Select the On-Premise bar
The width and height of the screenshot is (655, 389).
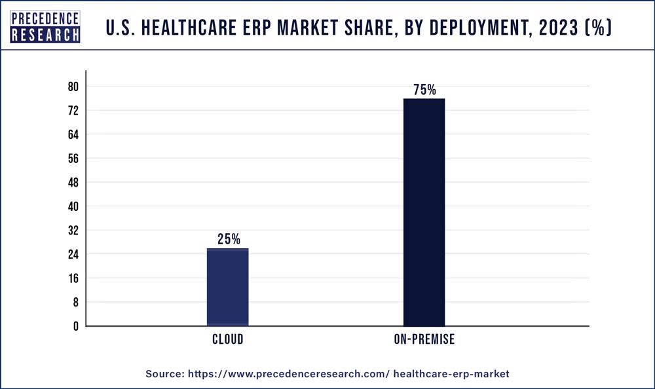(424, 212)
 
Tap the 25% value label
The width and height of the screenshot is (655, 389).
(229, 240)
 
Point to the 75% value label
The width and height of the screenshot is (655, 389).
(424, 90)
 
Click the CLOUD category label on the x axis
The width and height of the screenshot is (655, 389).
(227, 339)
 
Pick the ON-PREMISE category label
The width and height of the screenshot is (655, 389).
(424, 339)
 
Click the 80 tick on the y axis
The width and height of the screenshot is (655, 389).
(73, 87)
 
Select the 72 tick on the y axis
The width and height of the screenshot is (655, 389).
(73, 111)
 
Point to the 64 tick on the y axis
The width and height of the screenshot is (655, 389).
(73, 135)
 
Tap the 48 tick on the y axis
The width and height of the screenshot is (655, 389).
(73, 183)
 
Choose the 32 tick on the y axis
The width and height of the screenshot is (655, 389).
(73, 231)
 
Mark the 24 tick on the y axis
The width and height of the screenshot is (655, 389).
(73, 254)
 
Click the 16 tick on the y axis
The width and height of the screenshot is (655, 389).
(73, 278)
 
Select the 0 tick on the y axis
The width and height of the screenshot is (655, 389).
(75, 326)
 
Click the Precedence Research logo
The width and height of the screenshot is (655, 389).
(46, 26)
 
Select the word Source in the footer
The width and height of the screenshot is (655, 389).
(164, 373)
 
